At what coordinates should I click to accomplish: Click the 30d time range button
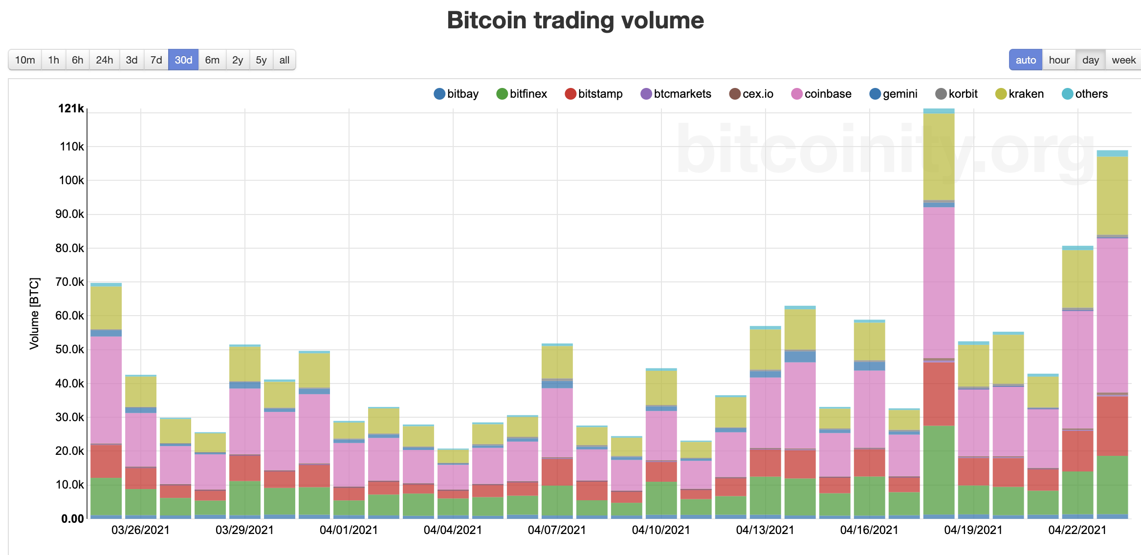pos(183,60)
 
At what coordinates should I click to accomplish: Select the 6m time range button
pos(212,60)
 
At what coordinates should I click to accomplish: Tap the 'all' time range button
pos(284,60)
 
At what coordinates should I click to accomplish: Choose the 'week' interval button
pos(1123,60)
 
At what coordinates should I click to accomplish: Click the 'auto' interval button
pos(1025,60)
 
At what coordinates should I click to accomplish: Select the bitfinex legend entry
pos(522,94)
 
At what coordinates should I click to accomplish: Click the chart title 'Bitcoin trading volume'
pos(575,21)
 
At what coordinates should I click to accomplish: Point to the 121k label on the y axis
pos(71,108)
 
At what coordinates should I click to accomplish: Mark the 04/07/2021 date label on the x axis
pos(557,530)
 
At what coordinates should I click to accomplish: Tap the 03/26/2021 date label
pos(140,530)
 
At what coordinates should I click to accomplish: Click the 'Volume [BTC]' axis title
pos(34,314)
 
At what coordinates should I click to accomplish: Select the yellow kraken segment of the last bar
pos(1112,195)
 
